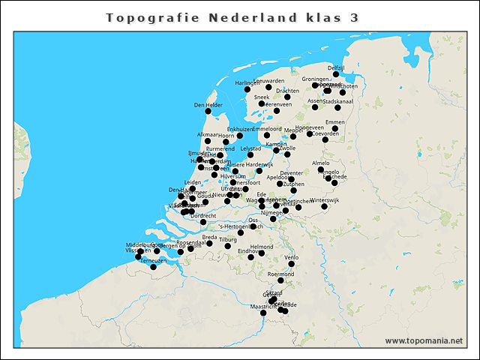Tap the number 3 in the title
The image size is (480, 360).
353,17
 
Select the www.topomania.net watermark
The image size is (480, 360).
424,340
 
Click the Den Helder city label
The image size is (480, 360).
208,105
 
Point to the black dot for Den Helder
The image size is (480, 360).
208,112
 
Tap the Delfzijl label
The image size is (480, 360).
336,67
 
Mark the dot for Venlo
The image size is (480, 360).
292,264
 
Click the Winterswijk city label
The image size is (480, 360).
325,200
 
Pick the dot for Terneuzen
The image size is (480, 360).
153,267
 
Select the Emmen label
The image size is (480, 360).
335,122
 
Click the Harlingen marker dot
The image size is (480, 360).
247,90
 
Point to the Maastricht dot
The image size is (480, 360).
262,313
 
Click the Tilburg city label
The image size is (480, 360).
228,239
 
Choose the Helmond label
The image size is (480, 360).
262,247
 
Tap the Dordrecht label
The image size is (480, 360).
203,215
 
